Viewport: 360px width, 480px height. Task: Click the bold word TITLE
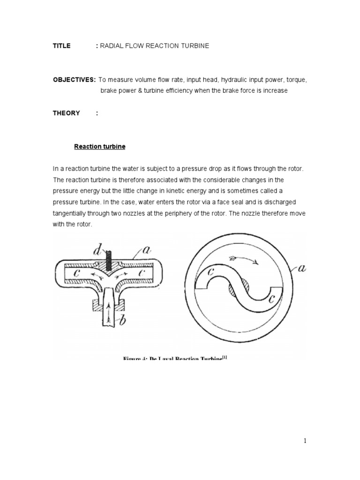point(61,46)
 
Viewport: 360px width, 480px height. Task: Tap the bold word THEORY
point(66,113)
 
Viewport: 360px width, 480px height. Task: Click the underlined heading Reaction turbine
point(100,147)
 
